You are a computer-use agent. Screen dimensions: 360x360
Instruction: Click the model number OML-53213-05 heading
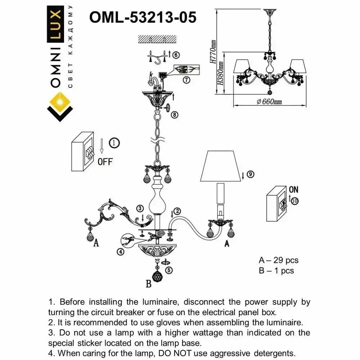(x=143, y=17)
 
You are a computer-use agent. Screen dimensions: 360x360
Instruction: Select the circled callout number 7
(x=186, y=80)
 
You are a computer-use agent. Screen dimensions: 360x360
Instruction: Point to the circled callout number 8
(x=174, y=115)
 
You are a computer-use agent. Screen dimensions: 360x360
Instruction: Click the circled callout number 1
(x=114, y=143)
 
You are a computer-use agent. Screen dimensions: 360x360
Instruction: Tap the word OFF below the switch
(x=105, y=162)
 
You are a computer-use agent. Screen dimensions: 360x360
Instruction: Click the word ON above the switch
(x=293, y=189)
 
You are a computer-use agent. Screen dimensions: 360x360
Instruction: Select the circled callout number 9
(x=251, y=175)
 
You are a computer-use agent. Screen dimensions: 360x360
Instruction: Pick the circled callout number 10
(x=295, y=201)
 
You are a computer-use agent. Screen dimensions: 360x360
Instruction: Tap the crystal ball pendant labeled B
(x=157, y=276)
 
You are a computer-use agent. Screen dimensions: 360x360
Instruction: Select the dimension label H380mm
(x=221, y=73)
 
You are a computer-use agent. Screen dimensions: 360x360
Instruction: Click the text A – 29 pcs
(x=279, y=260)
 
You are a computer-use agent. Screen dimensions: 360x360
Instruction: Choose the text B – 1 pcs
(x=276, y=270)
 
